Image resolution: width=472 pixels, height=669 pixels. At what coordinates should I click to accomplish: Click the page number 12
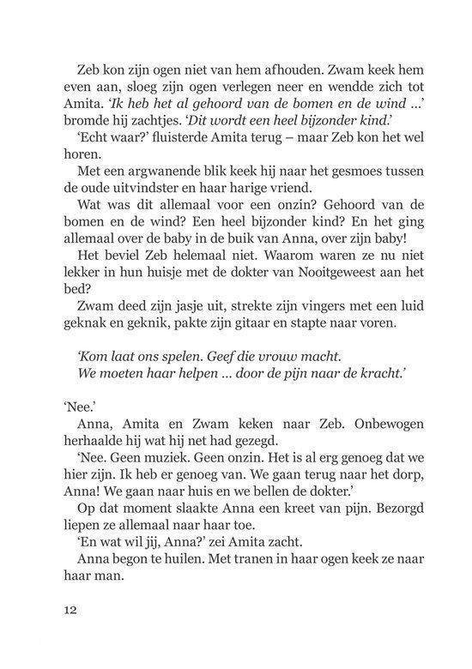(x=70, y=611)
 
